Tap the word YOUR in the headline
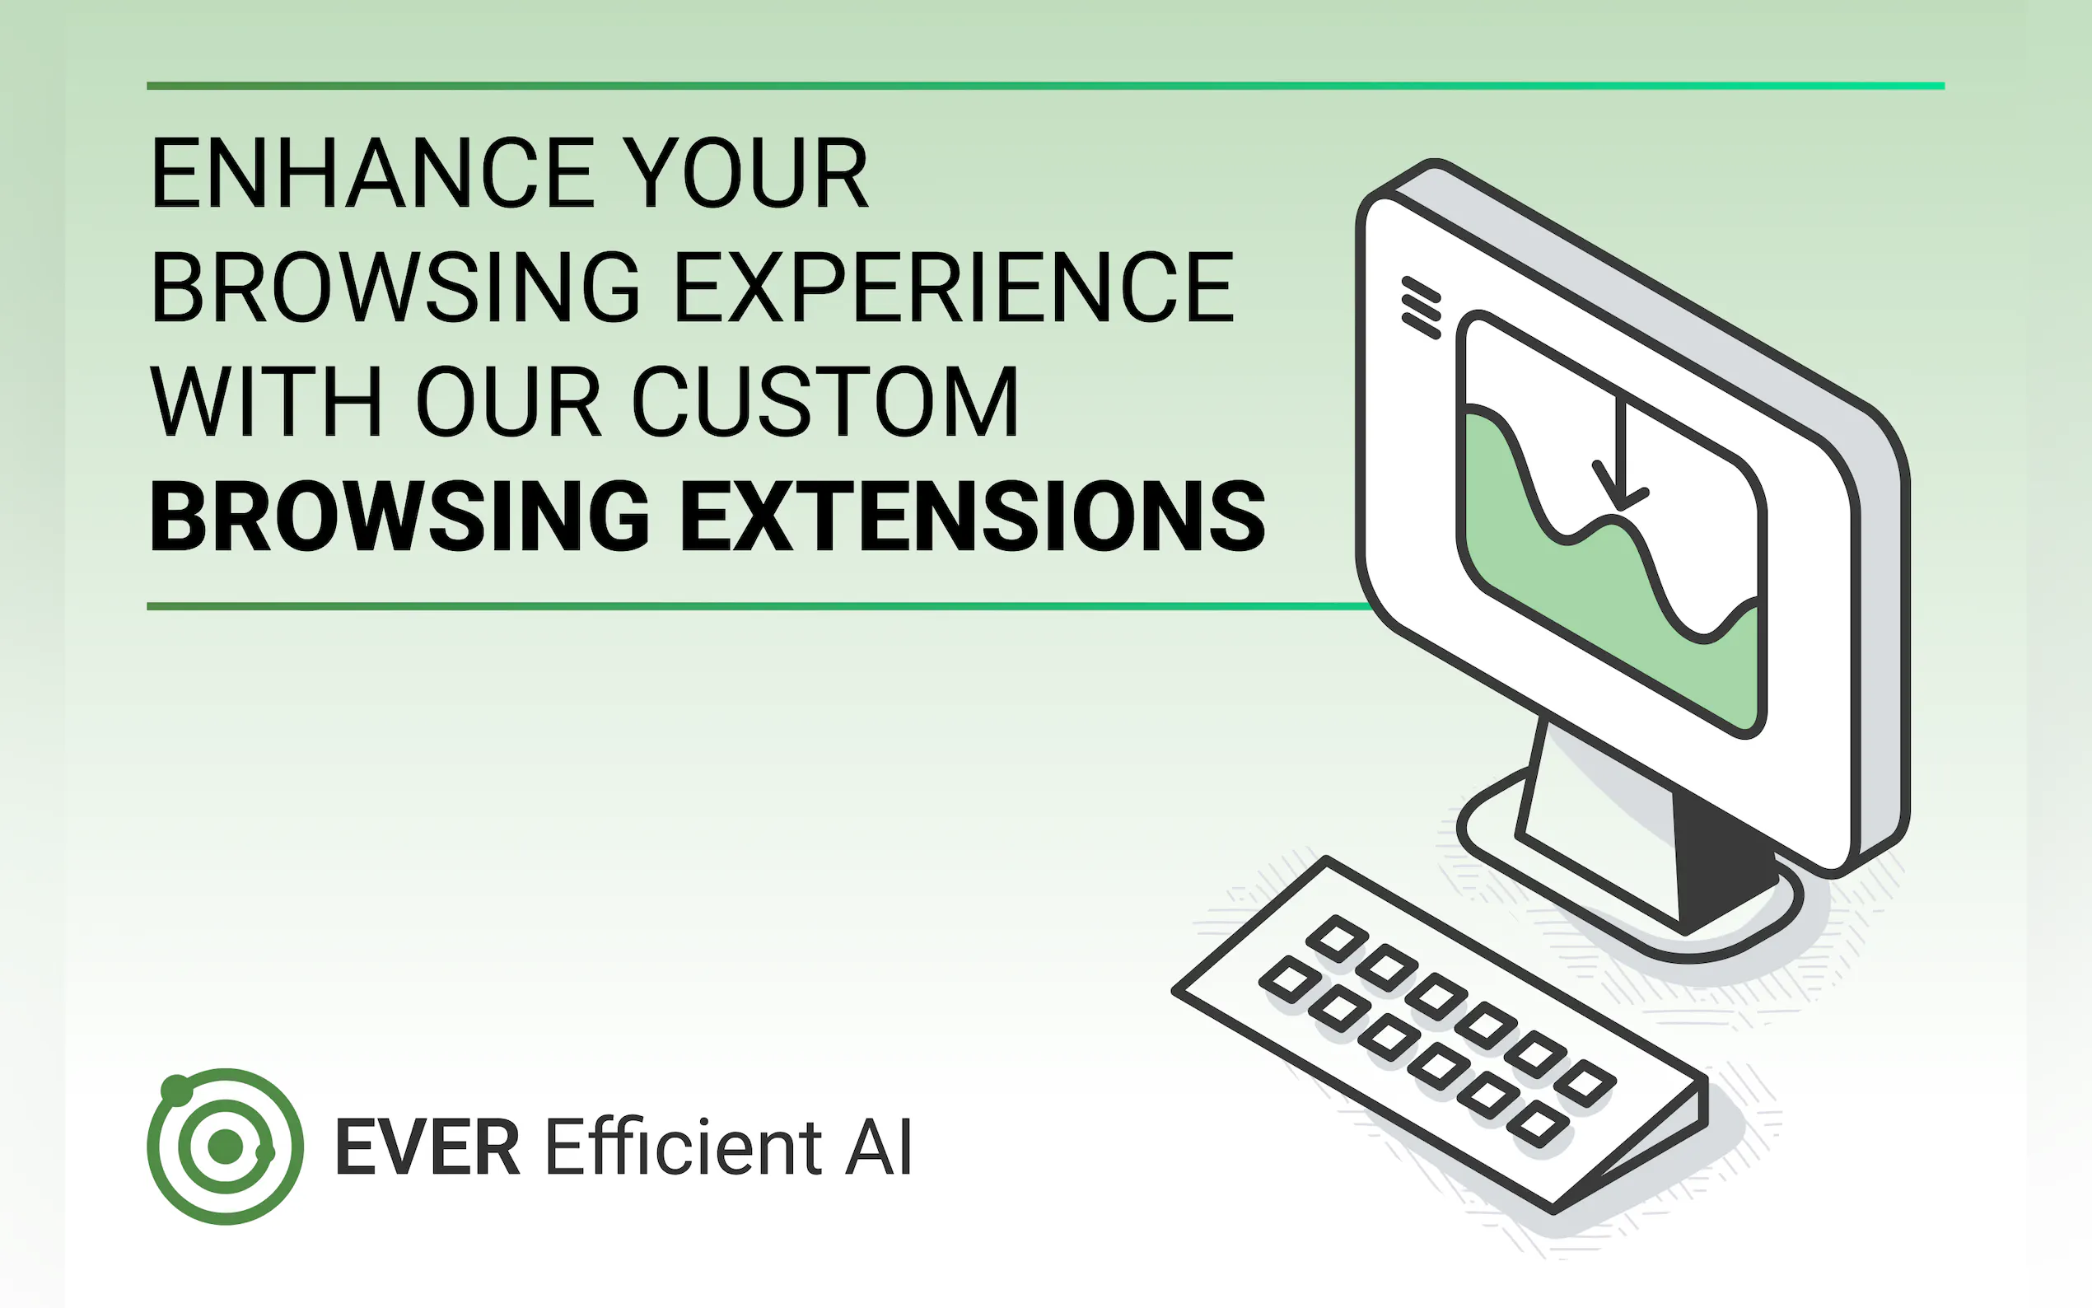pyautogui.click(x=745, y=173)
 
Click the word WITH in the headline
pyautogui.click(x=266, y=401)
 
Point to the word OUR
pyautogui.click(x=508, y=401)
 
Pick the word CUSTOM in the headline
pyautogui.click(x=826, y=401)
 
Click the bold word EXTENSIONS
pyautogui.click(x=974, y=516)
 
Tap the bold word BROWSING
pyautogui.click(x=399, y=516)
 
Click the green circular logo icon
pyautogui.click(x=226, y=1147)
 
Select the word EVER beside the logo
pyautogui.click(x=428, y=1147)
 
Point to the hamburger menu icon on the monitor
pyautogui.click(x=1421, y=308)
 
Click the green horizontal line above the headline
pyautogui.click(x=1045, y=86)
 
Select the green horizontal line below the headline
pyautogui.click(x=757, y=606)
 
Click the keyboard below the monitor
pyautogui.click(x=1440, y=1034)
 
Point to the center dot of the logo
pyautogui.click(x=226, y=1147)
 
